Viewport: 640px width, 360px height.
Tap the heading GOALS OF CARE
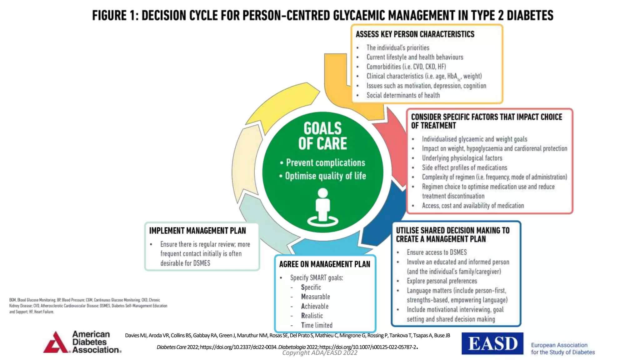tap(322, 136)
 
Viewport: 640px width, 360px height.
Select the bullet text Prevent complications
tap(325, 163)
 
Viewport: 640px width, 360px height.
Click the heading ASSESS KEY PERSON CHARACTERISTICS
tap(415, 34)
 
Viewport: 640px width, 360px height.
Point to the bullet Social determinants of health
tap(403, 95)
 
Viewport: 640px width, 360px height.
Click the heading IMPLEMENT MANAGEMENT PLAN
tap(197, 231)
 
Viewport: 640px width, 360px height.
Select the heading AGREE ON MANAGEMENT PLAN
tap(324, 264)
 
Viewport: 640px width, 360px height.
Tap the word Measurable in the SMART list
tap(315, 297)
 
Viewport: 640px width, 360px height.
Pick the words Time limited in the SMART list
tap(317, 325)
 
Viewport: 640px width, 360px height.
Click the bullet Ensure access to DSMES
tap(437, 252)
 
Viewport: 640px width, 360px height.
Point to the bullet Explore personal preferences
tap(442, 281)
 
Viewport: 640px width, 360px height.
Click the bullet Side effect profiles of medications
tap(464, 167)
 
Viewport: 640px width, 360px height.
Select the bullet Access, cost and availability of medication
tap(473, 206)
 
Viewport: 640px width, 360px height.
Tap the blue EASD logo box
tap(492, 343)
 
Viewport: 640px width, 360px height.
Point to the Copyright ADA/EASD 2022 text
tap(320, 353)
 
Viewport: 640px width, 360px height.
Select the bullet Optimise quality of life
tap(325, 176)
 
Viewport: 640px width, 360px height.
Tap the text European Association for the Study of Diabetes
tap(563, 348)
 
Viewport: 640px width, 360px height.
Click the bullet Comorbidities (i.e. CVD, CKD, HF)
tap(406, 67)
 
